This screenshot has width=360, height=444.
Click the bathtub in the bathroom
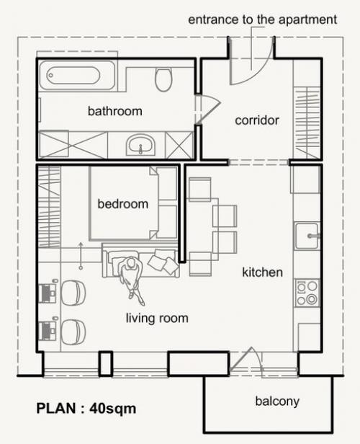[x=77, y=76]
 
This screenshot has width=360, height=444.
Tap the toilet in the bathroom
[x=163, y=79]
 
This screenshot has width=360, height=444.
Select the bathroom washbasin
[x=140, y=144]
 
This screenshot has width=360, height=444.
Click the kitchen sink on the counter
[x=307, y=236]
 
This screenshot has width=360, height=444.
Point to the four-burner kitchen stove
[x=307, y=293]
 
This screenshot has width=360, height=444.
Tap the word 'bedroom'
[x=122, y=204]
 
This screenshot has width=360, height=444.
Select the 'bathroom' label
[x=114, y=111]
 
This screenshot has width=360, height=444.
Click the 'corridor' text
[x=257, y=120]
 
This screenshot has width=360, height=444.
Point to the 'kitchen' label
[x=262, y=272]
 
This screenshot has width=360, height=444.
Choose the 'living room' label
[x=157, y=318]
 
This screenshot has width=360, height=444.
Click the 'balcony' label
[x=277, y=401]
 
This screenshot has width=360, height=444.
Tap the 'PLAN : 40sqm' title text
[x=86, y=408]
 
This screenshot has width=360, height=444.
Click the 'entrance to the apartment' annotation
[x=262, y=19]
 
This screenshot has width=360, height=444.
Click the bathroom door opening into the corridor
[x=208, y=109]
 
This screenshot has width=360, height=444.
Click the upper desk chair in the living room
[x=73, y=293]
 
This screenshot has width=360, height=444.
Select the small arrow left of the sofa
[x=81, y=255]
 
